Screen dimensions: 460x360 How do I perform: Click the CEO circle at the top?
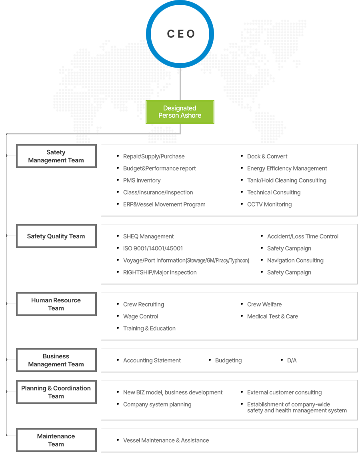tap(180, 34)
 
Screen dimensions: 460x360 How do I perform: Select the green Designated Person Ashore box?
tap(180, 112)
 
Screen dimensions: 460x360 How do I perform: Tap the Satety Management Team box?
tap(56, 156)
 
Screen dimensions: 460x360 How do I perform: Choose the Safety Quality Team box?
tap(56, 236)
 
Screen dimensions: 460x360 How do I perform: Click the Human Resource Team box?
tap(56, 304)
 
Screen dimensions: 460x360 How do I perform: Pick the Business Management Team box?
tap(56, 360)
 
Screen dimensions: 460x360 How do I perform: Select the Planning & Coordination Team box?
tap(56, 392)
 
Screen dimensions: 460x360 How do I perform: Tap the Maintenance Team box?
tap(56, 440)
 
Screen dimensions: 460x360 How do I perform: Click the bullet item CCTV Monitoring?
tap(269, 204)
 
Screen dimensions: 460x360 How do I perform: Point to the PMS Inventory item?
tap(142, 180)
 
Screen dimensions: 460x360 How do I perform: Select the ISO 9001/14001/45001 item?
tap(153, 248)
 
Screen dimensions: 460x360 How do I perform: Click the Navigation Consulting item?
tap(295, 260)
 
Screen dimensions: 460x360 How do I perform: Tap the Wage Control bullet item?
tap(140, 316)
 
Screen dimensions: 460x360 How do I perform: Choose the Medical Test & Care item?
tap(272, 316)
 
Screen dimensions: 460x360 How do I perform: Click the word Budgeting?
tap(228, 360)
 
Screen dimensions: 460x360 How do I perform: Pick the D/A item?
tap(292, 360)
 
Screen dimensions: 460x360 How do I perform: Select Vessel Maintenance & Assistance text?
tap(166, 440)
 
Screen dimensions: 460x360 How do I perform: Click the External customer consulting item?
tap(284, 392)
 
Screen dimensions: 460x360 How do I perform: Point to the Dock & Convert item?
tap(267, 156)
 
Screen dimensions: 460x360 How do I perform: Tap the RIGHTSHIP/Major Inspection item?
tap(160, 272)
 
